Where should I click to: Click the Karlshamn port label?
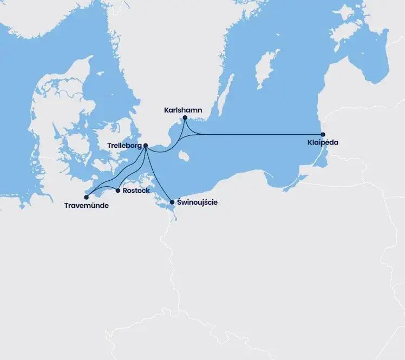click(183, 110)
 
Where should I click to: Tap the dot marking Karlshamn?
click(185, 117)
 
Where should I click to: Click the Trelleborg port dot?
click(146, 145)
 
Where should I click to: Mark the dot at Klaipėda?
click(323, 134)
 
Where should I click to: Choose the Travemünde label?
click(86, 206)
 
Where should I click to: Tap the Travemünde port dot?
click(86, 197)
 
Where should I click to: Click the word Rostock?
click(136, 191)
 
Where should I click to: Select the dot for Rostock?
click(118, 190)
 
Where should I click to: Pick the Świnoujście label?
click(198, 202)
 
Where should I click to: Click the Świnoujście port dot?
click(172, 202)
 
